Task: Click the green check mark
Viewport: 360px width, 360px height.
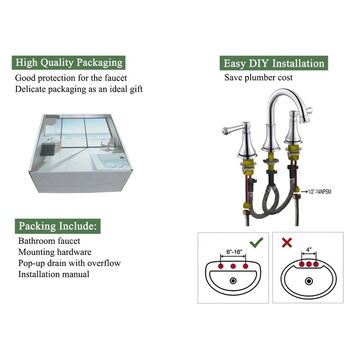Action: tap(256, 243)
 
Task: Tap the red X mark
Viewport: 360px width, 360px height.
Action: tap(287, 243)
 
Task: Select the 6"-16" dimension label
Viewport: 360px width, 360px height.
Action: tap(234, 252)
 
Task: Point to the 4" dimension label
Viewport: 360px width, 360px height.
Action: tap(309, 250)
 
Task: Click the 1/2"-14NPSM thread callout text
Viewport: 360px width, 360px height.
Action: tap(319, 192)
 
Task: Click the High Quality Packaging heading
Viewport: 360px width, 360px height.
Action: tap(69, 63)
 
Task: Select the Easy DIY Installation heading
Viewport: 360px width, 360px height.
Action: tap(274, 63)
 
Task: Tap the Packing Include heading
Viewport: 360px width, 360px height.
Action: tap(58, 226)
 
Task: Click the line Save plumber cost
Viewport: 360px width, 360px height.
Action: tap(258, 77)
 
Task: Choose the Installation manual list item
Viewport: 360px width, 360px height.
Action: tap(54, 274)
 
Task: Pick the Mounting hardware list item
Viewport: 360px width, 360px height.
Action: tap(55, 252)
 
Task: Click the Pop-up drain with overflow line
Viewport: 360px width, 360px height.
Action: tap(69, 263)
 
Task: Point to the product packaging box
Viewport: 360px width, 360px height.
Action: tap(81, 153)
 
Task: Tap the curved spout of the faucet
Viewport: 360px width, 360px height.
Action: tap(287, 101)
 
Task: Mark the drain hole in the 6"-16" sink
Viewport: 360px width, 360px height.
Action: tap(233, 280)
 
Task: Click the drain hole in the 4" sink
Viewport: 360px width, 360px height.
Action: tap(309, 281)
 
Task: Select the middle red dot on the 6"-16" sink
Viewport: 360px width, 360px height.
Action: tap(233, 266)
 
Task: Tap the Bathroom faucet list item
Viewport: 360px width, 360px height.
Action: tap(49, 241)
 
